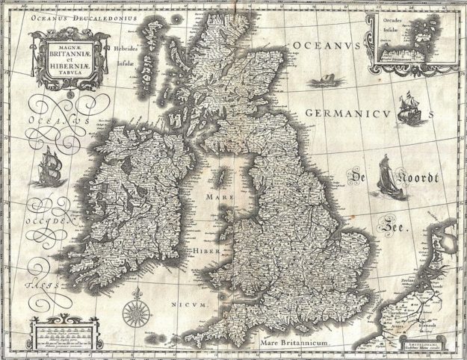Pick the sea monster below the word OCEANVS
coord(322,77)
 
